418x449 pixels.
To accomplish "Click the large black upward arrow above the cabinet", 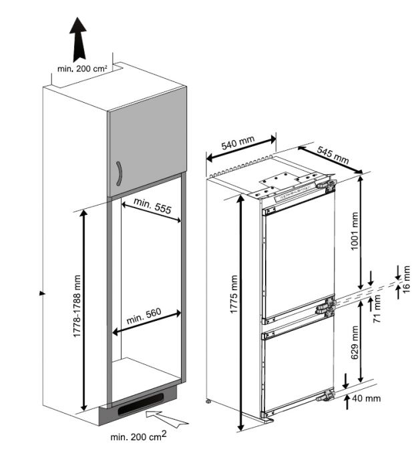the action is click(x=77, y=39).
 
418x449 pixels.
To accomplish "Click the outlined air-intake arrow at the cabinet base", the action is click(x=166, y=419).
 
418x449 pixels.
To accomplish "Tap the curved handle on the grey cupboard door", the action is click(x=120, y=173).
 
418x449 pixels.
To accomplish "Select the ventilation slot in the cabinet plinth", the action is click(x=140, y=404).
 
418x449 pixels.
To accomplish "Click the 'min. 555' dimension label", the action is click(x=152, y=205).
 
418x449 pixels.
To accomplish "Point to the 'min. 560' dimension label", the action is click(x=144, y=316).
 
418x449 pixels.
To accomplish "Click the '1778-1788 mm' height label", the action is click(x=77, y=306).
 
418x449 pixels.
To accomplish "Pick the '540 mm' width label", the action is click(x=238, y=143).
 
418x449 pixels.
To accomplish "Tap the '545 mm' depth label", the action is click(x=333, y=155).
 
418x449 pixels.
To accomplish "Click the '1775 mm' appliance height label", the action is click(x=234, y=294).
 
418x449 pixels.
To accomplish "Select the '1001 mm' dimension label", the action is click(x=355, y=231).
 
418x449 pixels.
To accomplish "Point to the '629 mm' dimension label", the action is click(x=355, y=342).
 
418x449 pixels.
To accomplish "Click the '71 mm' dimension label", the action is click(x=377, y=309).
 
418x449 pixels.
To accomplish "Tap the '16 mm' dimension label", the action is click(x=406, y=279).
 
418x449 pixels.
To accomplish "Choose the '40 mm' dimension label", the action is click(x=367, y=398).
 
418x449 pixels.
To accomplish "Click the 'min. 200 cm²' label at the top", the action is click(x=82, y=69).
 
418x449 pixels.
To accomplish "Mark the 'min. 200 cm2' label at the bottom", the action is click(x=138, y=436).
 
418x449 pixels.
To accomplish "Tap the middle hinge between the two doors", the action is click(x=326, y=307).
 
